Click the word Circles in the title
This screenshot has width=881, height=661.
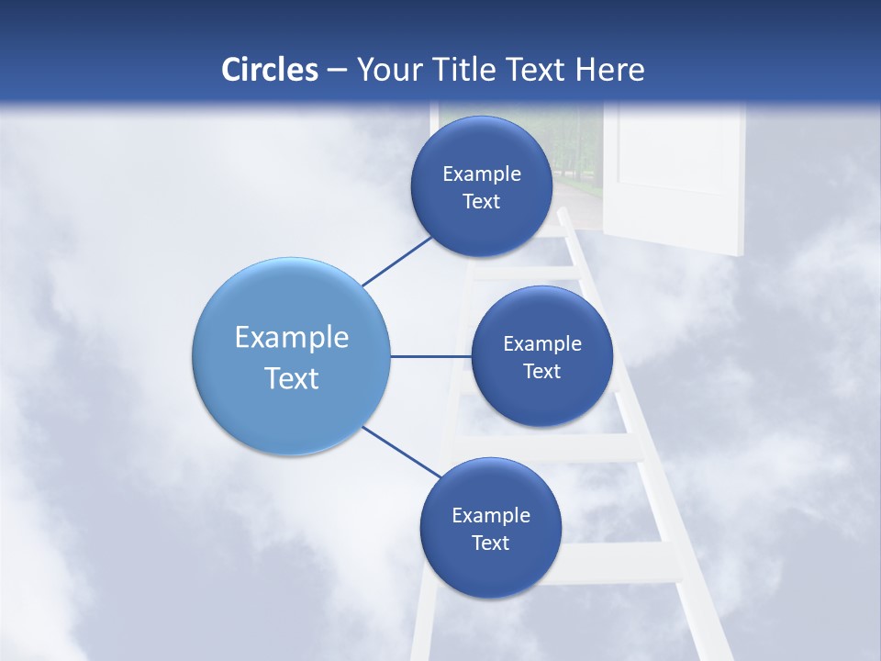pos(270,70)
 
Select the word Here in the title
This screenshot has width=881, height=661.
pos(609,70)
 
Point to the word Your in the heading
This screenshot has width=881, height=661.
pos(387,70)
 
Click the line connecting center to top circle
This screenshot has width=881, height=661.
pos(397,262)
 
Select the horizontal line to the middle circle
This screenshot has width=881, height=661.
pos(430,356)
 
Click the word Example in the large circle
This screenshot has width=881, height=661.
pos(292,338)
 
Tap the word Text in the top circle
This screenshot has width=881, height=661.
pos(481,202)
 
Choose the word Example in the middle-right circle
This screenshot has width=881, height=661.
pos(542,344)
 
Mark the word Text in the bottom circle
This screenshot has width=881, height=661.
pos(490,543)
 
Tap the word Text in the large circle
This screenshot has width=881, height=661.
pos(292,378)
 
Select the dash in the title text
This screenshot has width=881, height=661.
pos(336,71)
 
